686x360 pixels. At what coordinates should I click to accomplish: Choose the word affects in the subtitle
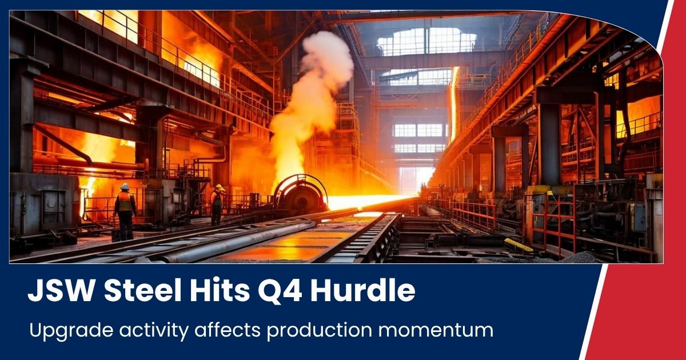[228, 330]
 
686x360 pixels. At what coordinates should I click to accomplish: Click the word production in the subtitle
[320, 331]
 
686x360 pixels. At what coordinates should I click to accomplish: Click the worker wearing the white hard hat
[125, 212]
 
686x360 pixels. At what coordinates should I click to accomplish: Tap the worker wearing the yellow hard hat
[217, 205]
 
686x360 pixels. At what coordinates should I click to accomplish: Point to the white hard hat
[125, 186]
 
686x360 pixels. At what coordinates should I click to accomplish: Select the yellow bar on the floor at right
[519, 245]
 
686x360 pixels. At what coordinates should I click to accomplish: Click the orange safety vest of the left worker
[125, 201]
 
